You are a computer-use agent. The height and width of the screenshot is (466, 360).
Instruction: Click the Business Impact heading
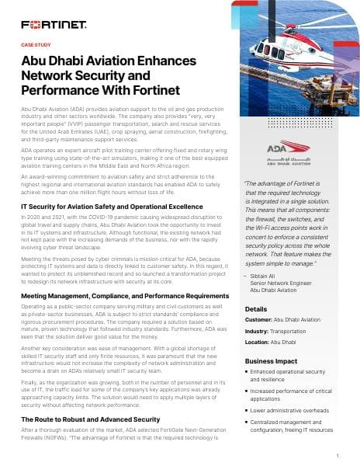click(x=272, y=362)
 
